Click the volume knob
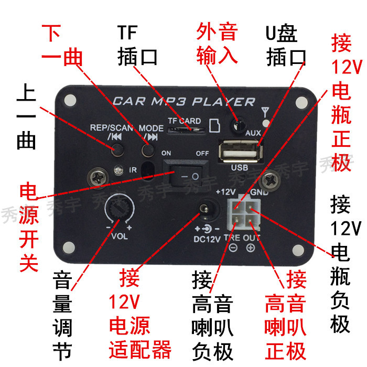tap(119, 211)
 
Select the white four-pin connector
tap(244, 215)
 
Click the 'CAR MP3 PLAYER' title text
tap(183, 101)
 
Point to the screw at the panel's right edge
tap(271, 179)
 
